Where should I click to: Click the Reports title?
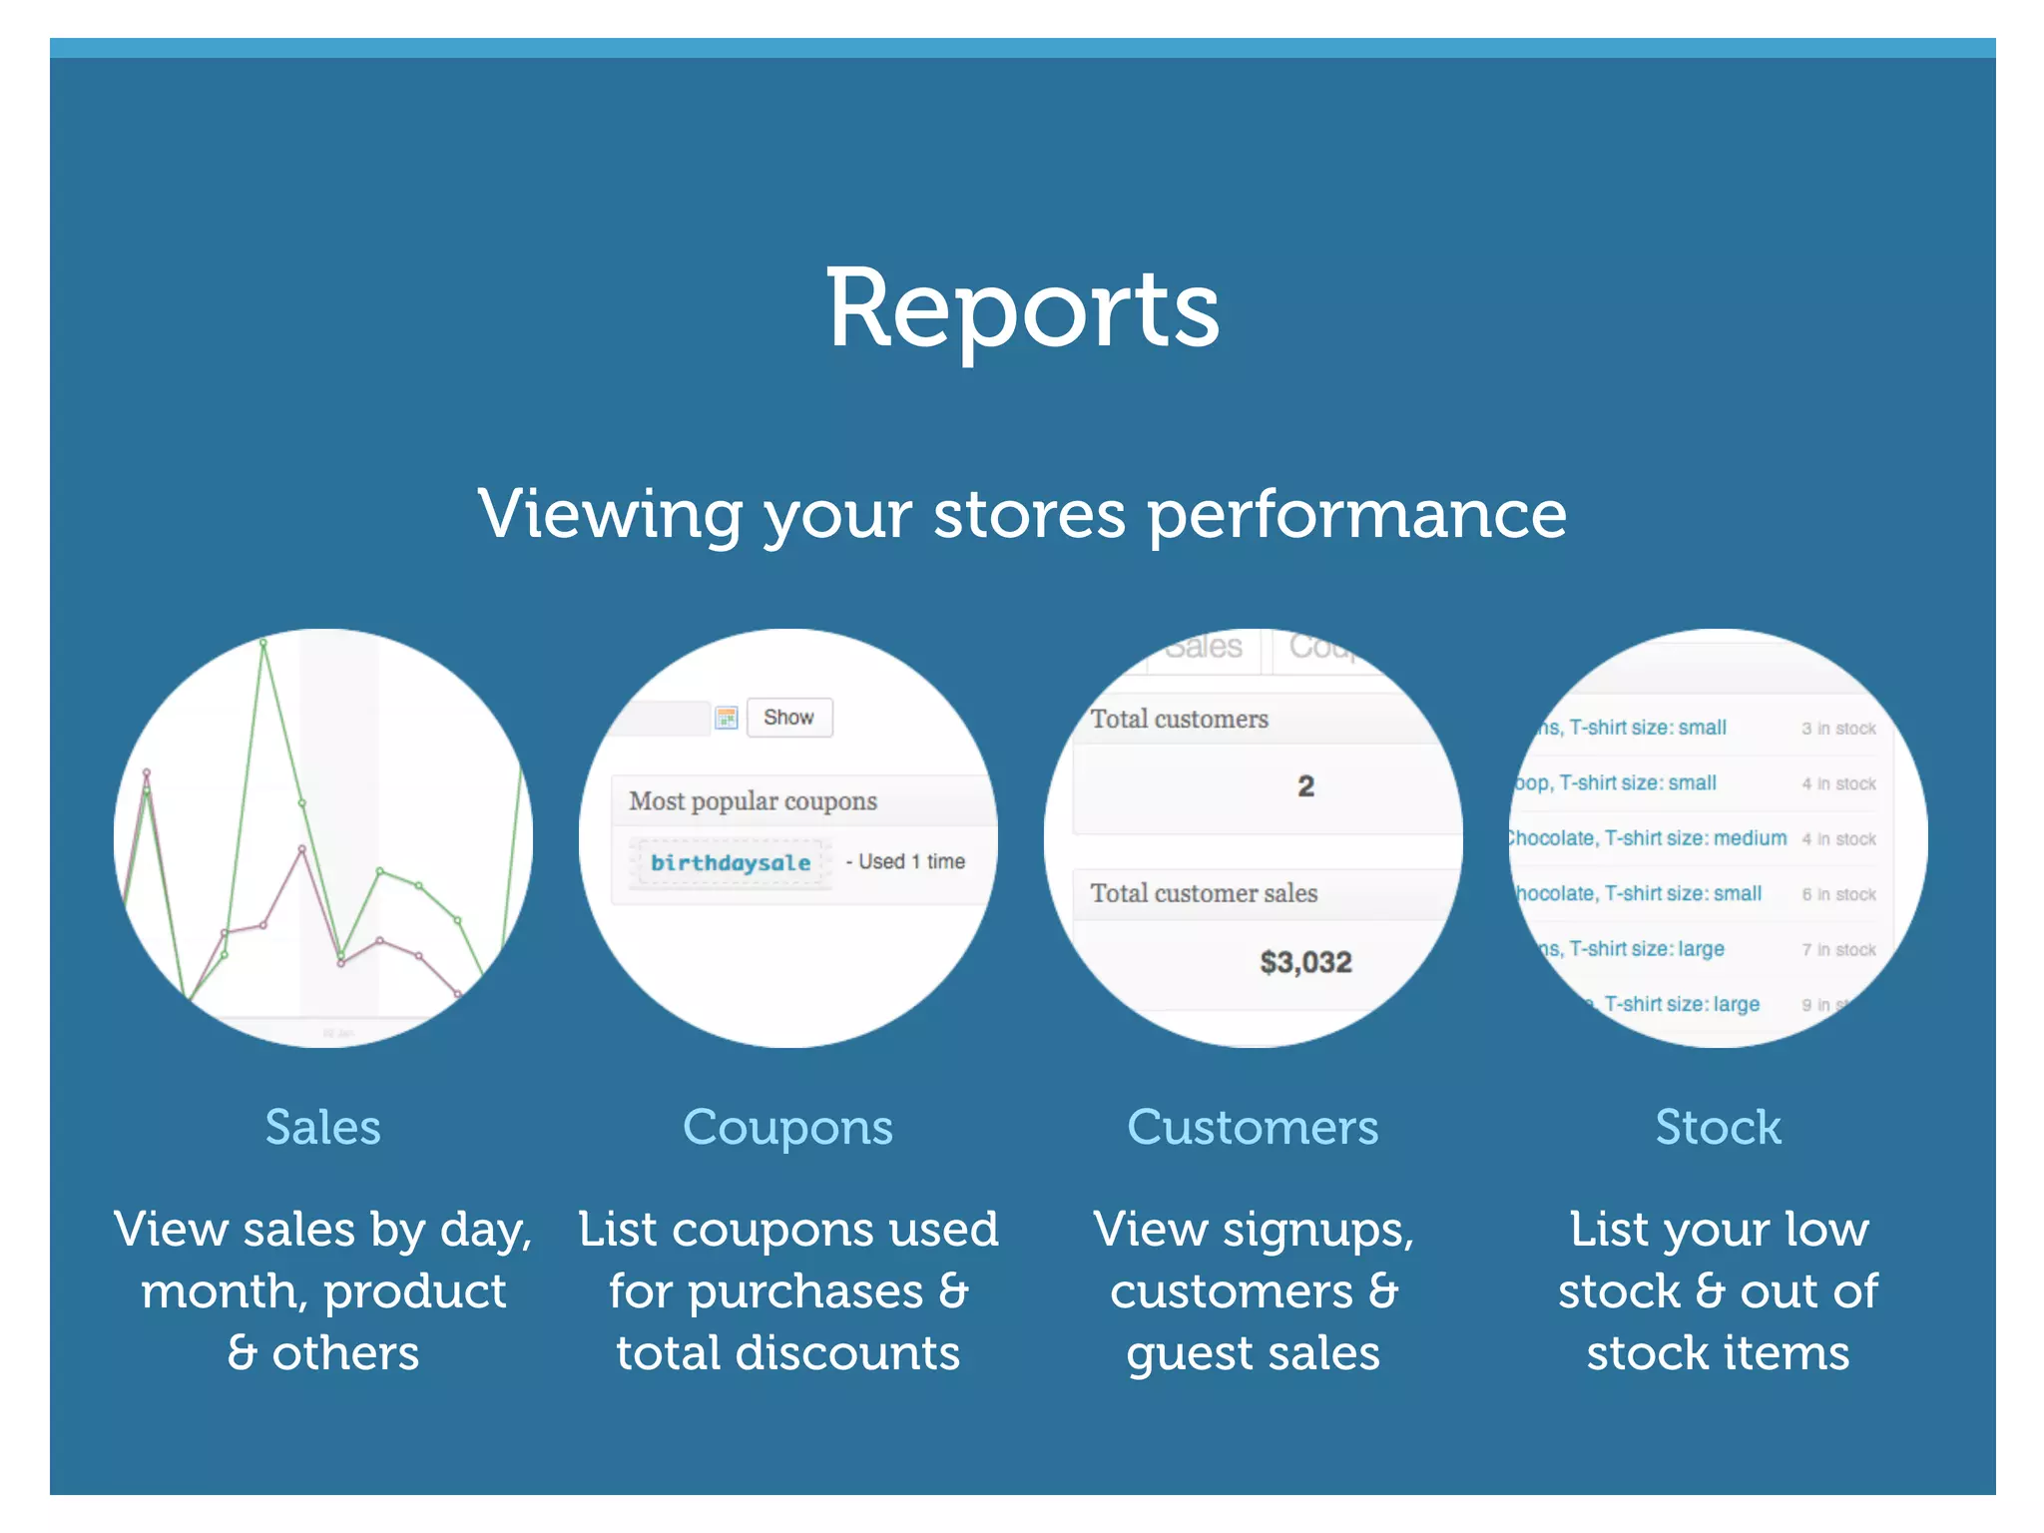click(x=1022, y=309)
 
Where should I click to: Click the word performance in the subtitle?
click(x=1357, y=516)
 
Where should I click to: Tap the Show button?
click(x=788, y=717)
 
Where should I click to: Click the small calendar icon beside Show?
click(x=727, y=717)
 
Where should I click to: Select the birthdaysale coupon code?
click(x=730, y=862)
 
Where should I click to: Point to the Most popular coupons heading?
click(x=753, y=801)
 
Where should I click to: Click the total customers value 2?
click(x=1305, y=786)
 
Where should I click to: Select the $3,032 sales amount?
click(x=1305, y=962)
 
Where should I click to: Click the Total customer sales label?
click(x=1204, y=893)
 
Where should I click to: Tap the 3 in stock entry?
click(x=1838, y=729)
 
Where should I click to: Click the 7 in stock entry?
click(x=1838, y=950)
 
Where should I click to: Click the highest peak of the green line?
click(x=263, y=644)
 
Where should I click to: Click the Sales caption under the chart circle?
click(x=322, y=1128)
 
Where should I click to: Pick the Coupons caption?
click(x=787, y=1128)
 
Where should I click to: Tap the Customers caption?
click(x=1253, y=1128)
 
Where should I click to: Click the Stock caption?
click(x=1718, y=1128)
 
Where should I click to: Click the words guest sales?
click(x=1253, y=1354)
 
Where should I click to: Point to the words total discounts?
click(x=787, y=1354)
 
